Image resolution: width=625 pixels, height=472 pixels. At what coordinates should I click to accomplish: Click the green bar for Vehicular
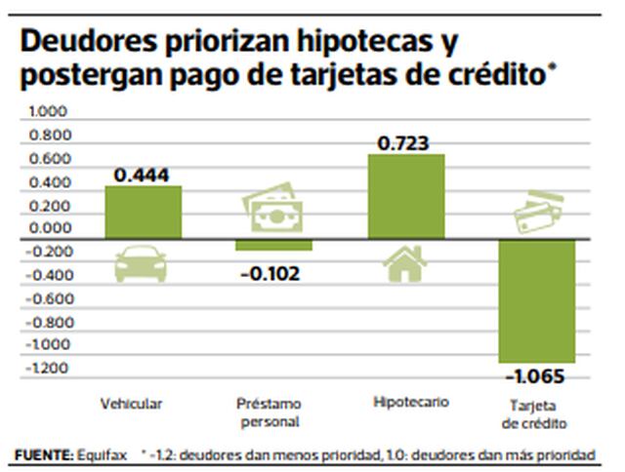point(143,212)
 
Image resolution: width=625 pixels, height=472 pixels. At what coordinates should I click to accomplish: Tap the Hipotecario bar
point(406,196)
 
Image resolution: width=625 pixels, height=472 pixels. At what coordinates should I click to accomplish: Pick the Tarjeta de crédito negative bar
point(536,301)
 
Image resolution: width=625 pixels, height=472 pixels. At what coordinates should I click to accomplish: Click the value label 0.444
point(143,176)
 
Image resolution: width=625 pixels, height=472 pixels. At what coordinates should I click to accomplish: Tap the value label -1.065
point(535,376)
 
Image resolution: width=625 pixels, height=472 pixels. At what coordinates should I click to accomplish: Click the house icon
point(404,262)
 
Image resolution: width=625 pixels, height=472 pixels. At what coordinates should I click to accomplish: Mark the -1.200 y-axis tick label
point(46,369)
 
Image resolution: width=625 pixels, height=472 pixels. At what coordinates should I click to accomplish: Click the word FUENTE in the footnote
point(44,455)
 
